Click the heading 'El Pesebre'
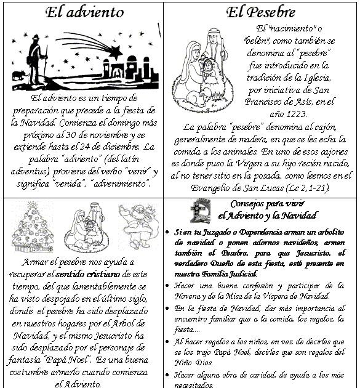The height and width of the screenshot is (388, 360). pos(260,12)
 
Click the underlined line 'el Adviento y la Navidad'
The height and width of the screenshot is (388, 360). pos(268,216)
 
